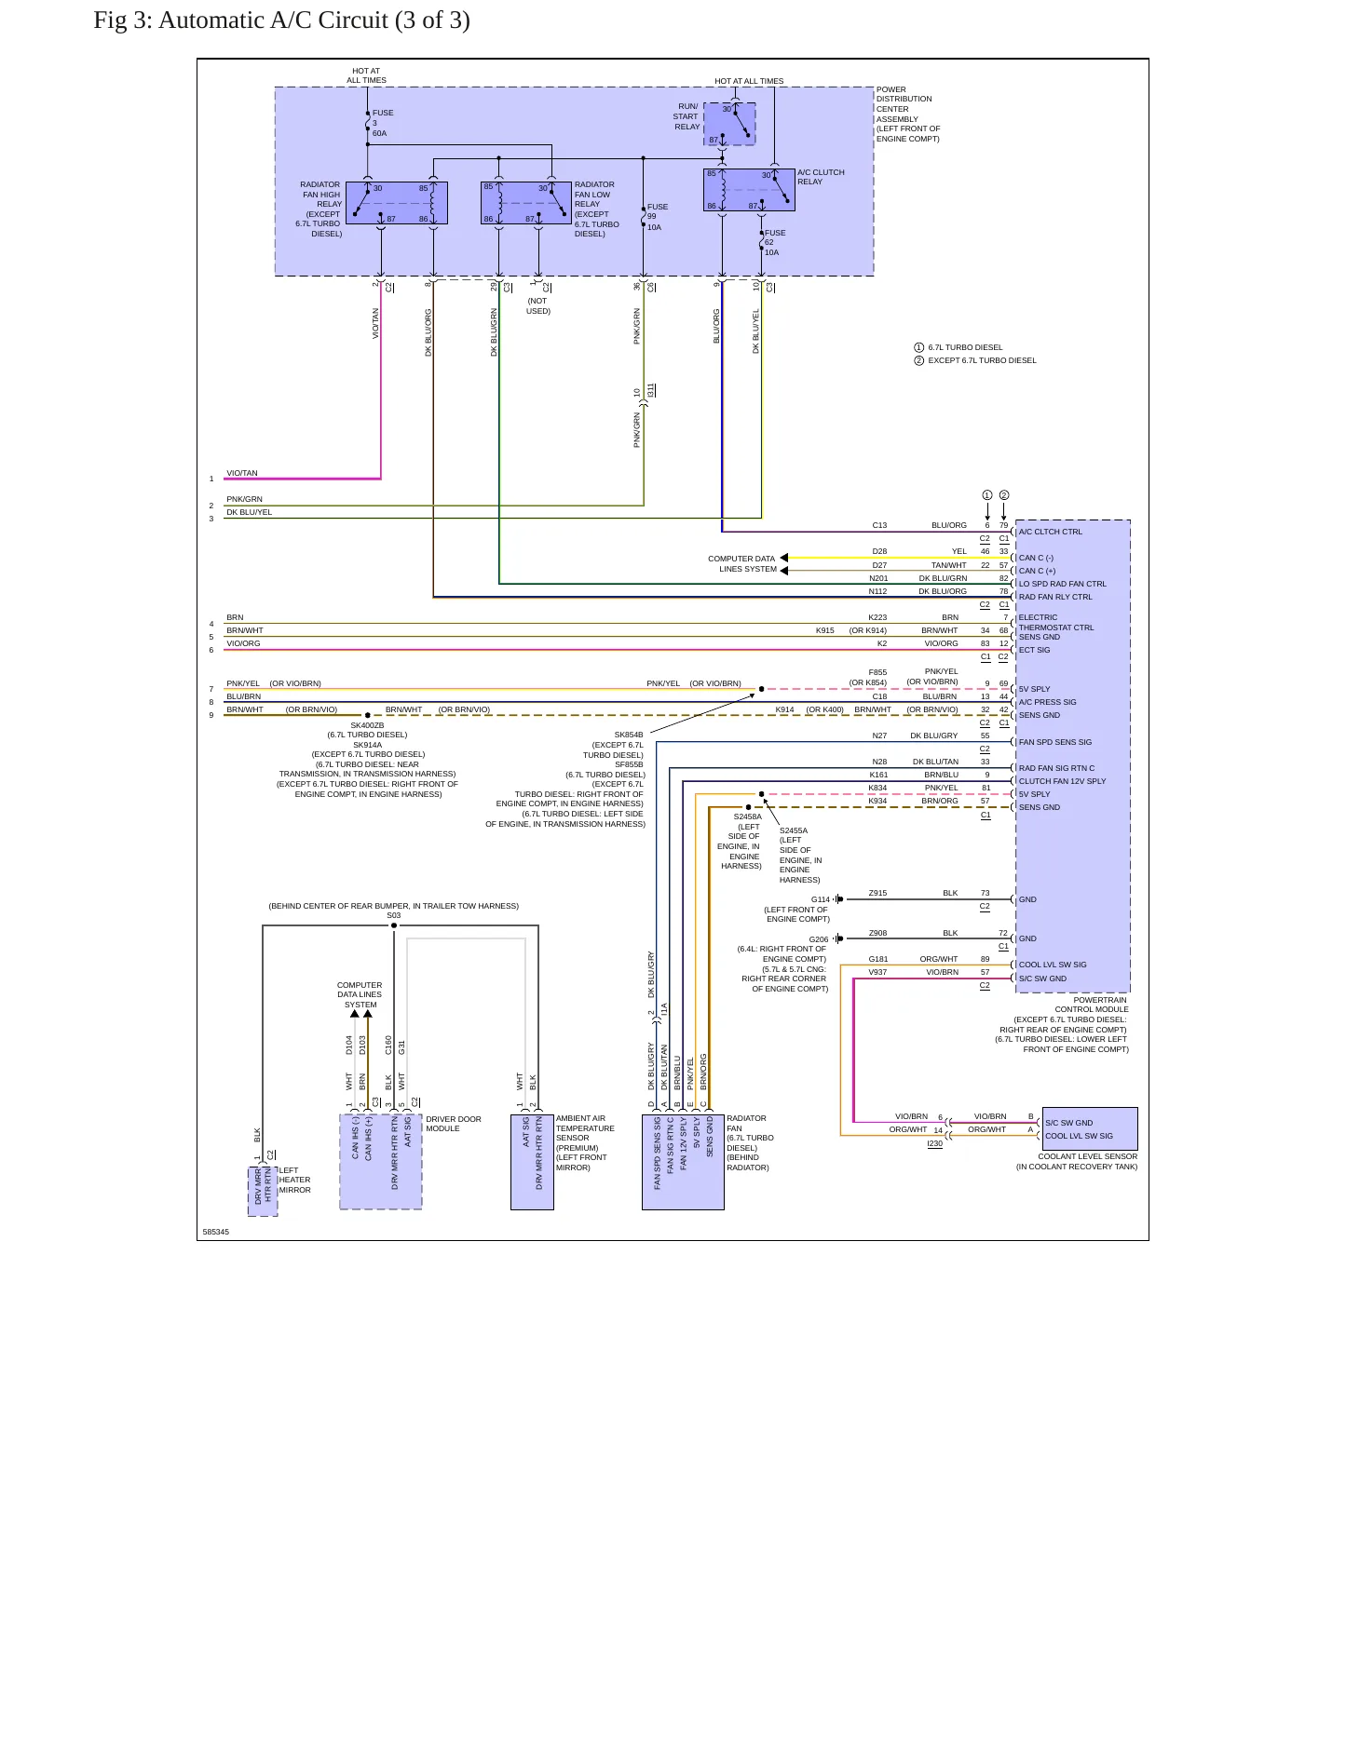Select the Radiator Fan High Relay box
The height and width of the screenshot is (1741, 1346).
coord(397,203)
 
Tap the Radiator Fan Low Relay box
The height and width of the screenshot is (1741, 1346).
coord(525,203)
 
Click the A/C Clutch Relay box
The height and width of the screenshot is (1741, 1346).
coord(749,190)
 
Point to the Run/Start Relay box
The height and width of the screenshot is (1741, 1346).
coord(729,124)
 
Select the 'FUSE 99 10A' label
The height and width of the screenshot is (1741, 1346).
coord(658,217)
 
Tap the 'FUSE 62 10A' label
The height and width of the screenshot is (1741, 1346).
coord(775,242)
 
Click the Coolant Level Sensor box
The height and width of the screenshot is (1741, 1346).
coord(1090,1128)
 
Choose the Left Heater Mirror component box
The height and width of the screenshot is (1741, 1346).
coord(263,1191)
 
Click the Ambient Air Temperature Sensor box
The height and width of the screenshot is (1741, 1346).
coord(532,1162)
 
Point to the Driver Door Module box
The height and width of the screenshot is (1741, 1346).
coord(381,1162)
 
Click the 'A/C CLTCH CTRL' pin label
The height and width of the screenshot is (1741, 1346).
coord(1051,532)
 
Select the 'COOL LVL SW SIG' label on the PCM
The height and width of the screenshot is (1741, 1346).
coord(1053,965)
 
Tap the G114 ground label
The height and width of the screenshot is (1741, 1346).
coord(820,899)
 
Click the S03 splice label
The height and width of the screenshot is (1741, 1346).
coord(394,915)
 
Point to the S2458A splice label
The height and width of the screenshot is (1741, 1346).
coord(747,817)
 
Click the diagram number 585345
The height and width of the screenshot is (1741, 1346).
coord(216,1232)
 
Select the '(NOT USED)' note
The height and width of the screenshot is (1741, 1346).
coord(538,306)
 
